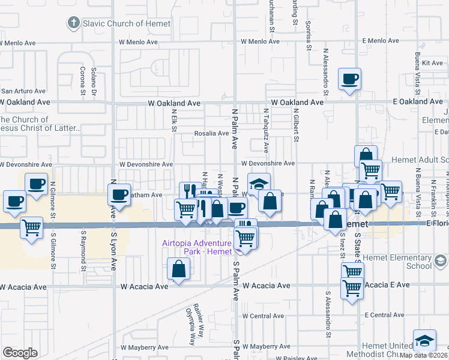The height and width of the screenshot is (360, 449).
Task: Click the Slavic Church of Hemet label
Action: coord(127,24)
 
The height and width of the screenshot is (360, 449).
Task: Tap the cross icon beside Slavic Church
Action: coord(73,23)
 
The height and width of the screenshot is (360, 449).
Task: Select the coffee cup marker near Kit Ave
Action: coord(349,79)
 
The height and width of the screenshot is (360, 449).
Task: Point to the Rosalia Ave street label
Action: coord(211,133)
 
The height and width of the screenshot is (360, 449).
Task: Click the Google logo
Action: coord(20,353)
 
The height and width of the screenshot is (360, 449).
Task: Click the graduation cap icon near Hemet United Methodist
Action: coord(424,341)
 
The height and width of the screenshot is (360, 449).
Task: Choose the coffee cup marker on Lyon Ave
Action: coord(119,194)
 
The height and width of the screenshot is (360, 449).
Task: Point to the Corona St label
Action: coord(82,82)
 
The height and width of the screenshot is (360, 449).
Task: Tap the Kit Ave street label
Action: coord(432,63)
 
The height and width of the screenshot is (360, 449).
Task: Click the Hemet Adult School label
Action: coord(420,160)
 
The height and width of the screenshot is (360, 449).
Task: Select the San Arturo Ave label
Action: coord(23,91)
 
